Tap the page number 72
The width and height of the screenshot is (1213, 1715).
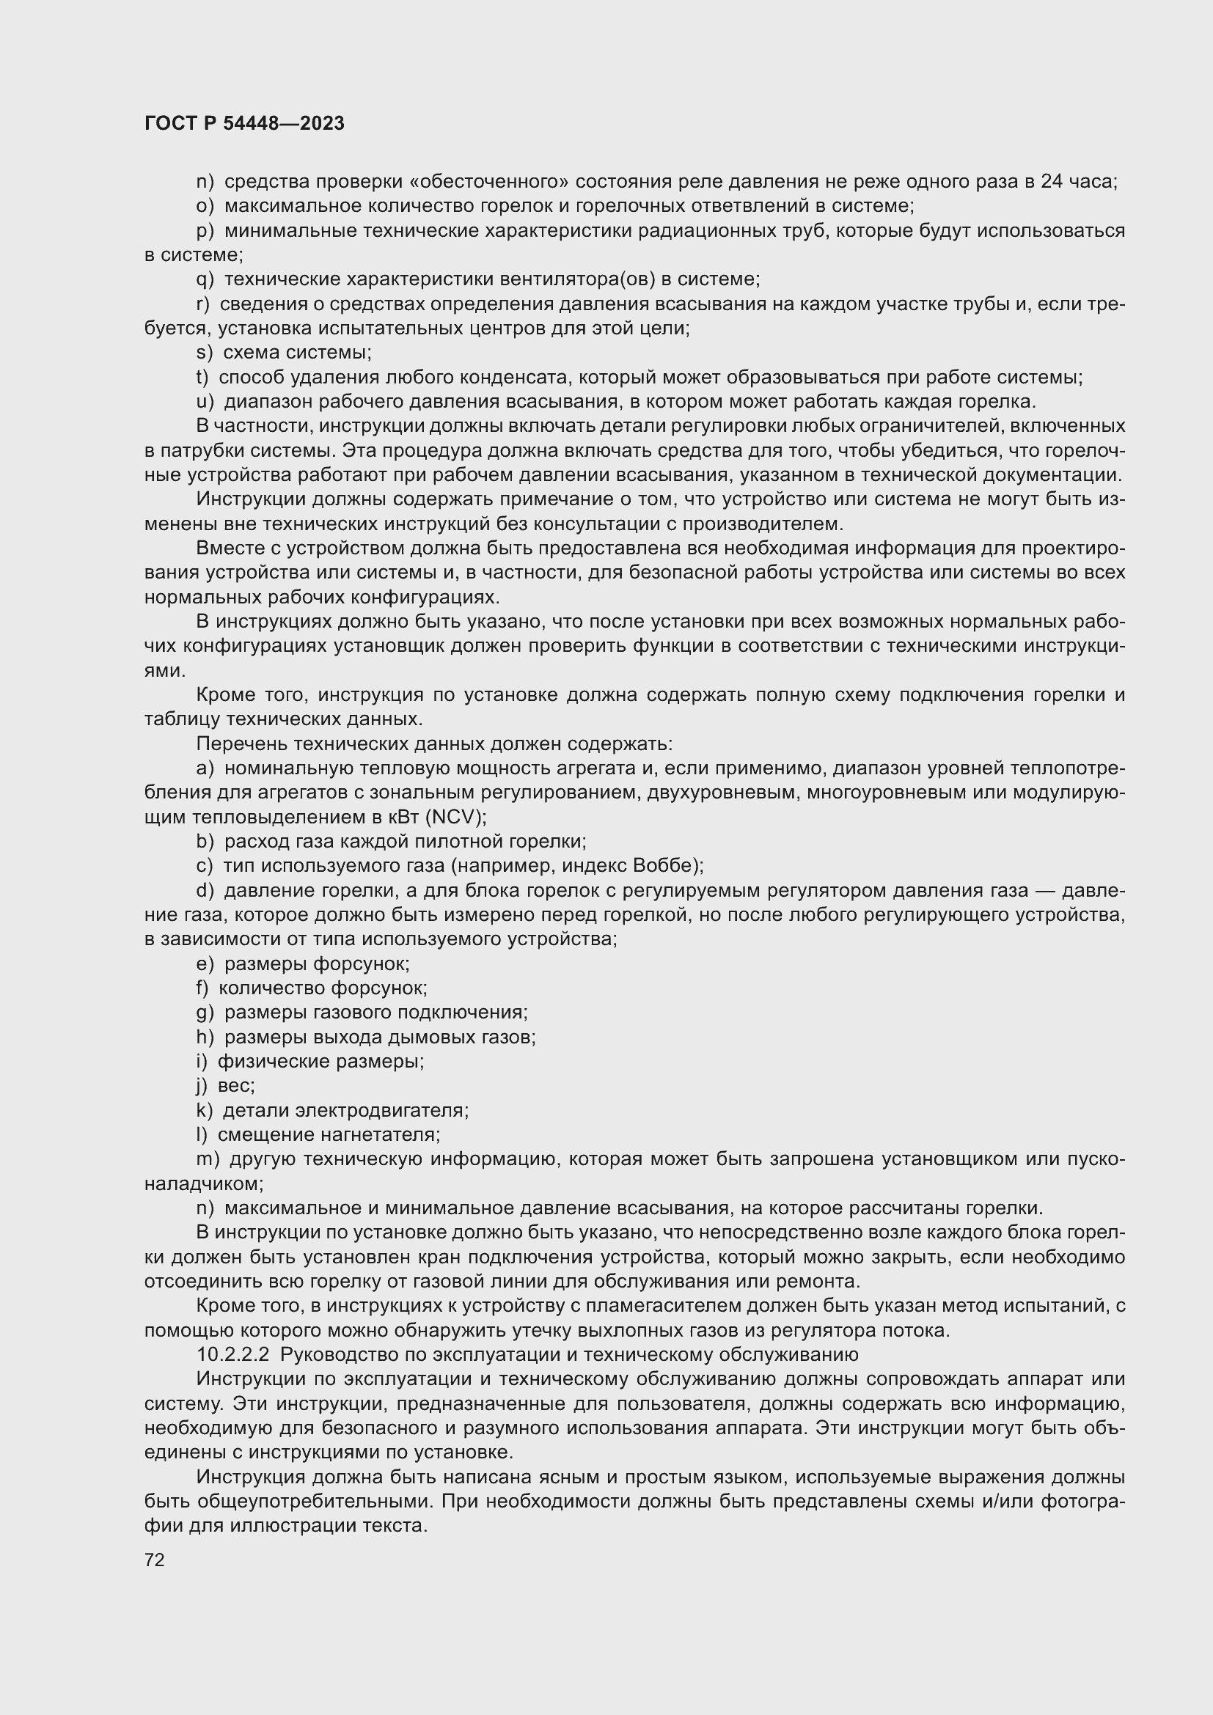(x=155, y=1560)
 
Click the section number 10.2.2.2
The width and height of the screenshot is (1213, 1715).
(x=232, y=1355)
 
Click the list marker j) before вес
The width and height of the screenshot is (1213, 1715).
(x=202, y=1085)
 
